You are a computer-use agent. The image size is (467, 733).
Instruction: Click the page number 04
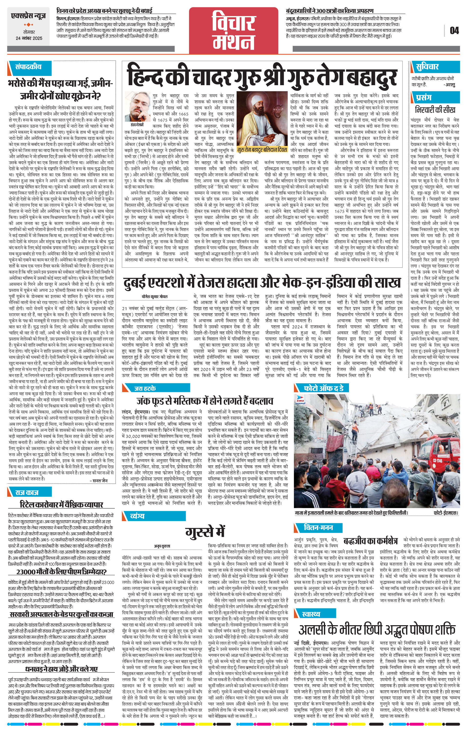(454, 30)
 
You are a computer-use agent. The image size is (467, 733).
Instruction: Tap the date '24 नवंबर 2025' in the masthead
(29, 38)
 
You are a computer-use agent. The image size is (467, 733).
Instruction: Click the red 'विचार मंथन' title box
(234, 29)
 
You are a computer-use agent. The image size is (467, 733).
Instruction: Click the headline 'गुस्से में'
(205, 531)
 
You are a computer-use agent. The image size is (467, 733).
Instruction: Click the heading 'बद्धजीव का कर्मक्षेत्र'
(370, 541)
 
